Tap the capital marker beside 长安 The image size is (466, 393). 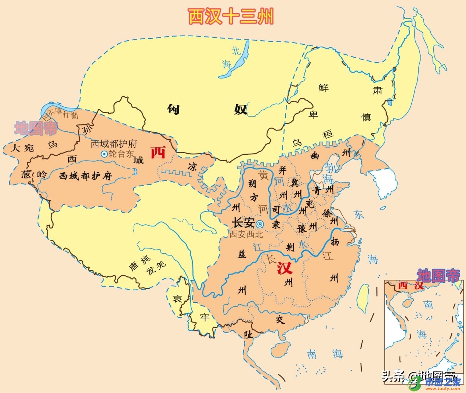[260, 224]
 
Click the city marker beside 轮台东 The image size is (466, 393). [104, 154]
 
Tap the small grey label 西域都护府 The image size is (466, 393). [113, 144]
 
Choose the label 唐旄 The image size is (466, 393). [140, 263]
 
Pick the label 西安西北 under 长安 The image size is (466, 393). [246, 234]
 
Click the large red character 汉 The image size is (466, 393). [285, 268]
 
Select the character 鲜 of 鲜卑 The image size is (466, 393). [324, 88]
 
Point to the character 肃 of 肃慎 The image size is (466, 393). [378, 90]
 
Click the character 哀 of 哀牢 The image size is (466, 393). [177, 299]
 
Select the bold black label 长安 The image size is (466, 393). [243, 223]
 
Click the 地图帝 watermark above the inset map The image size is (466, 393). [438, 275]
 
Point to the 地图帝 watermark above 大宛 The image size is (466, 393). [36, 128]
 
